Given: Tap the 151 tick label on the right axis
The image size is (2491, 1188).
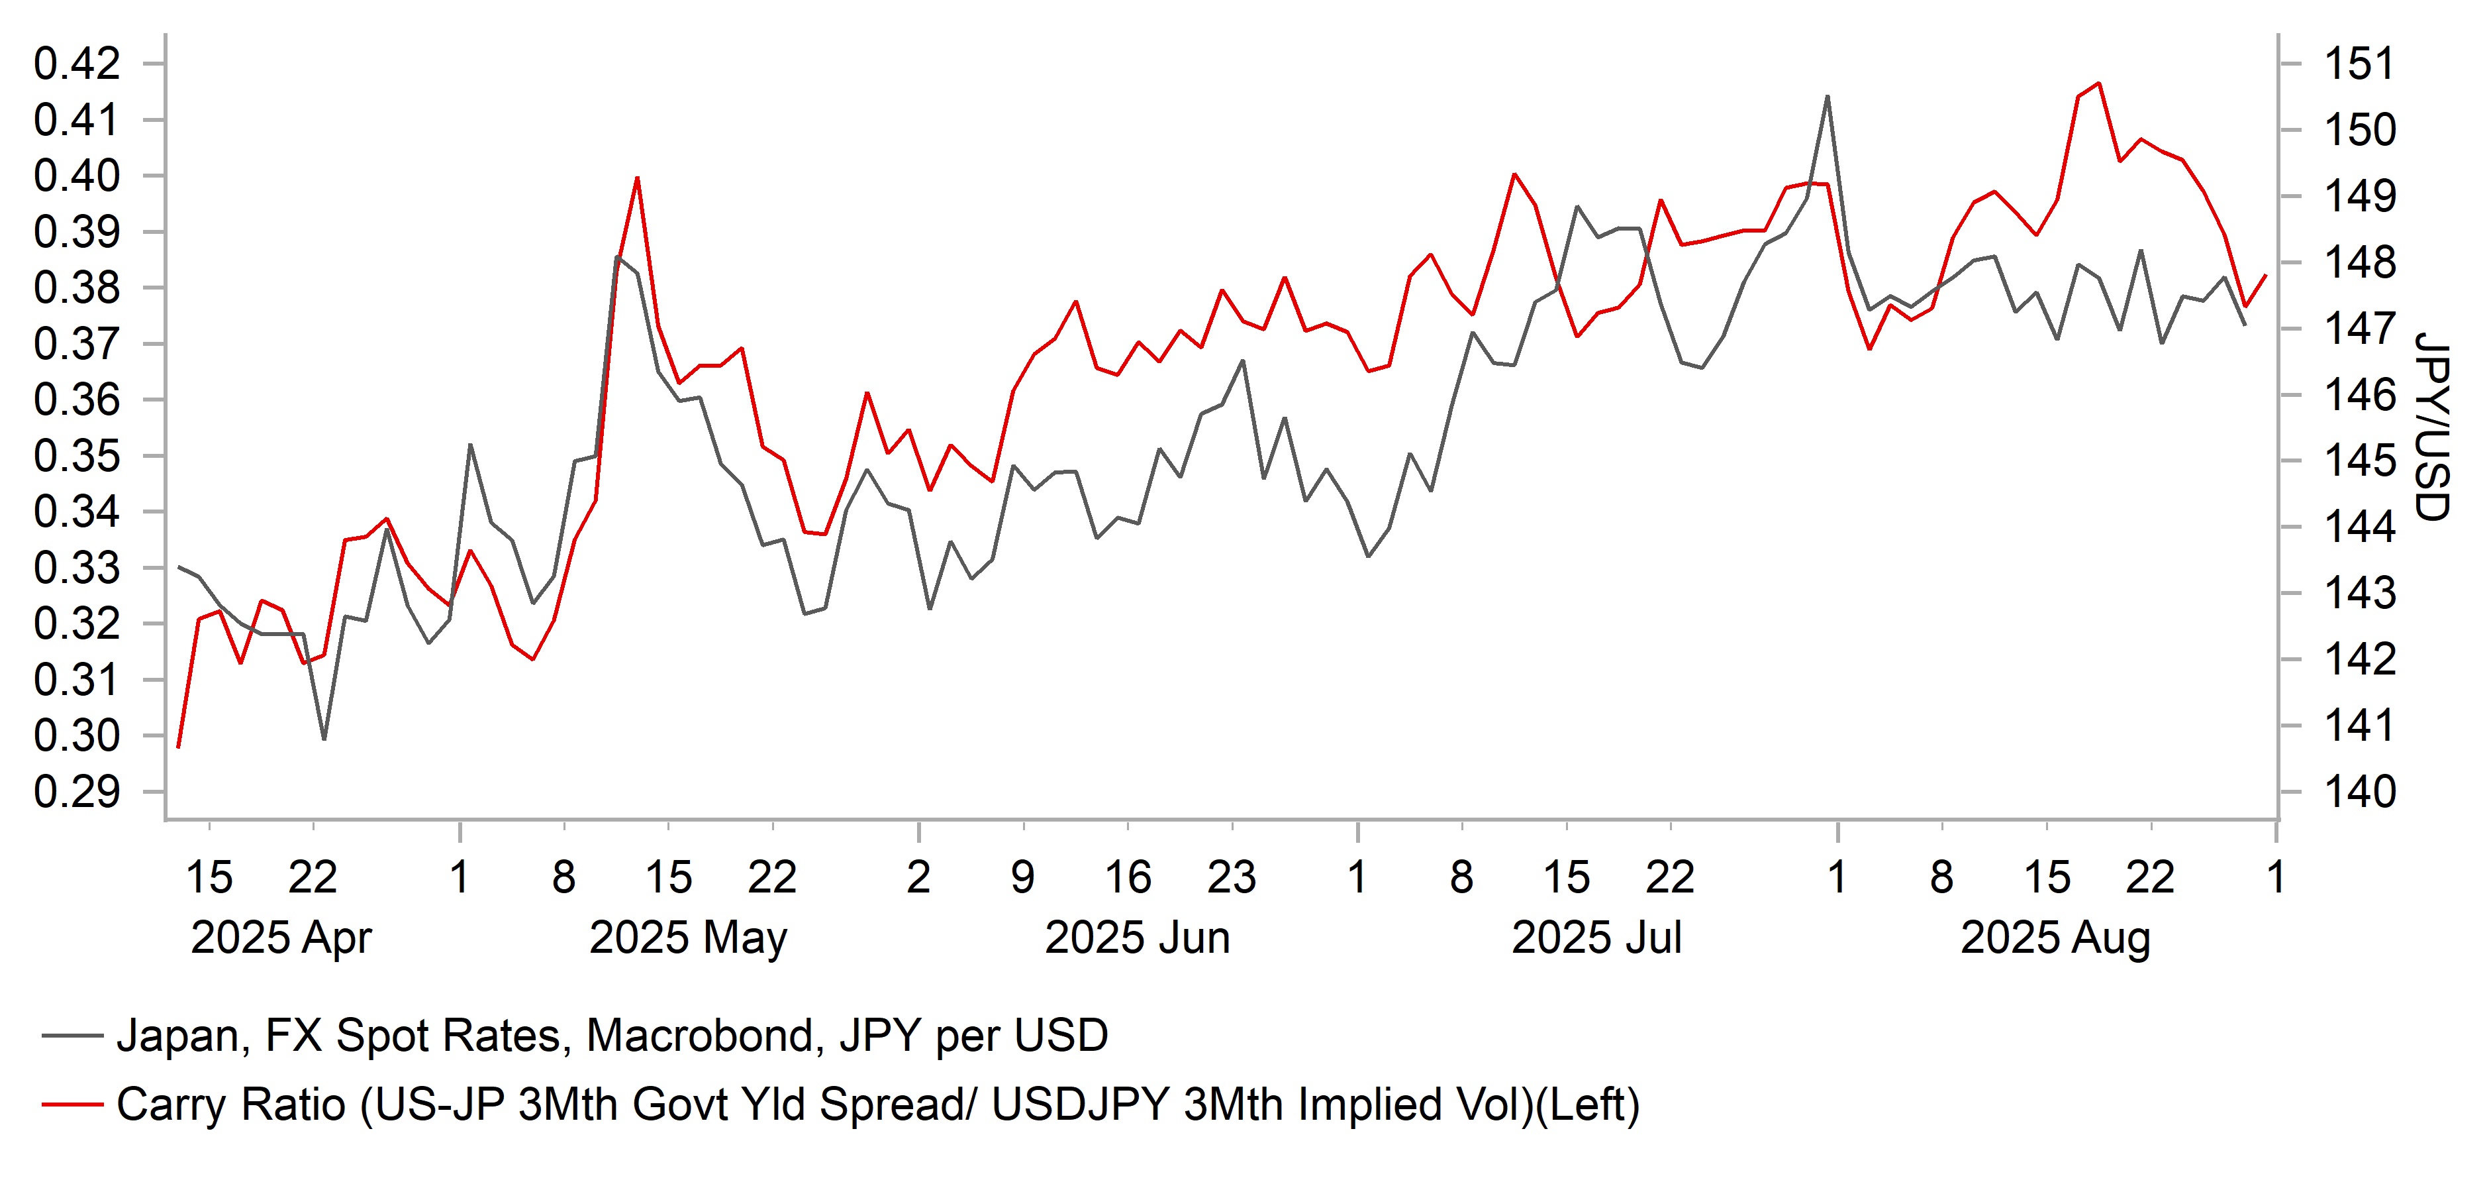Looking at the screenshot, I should click(2359, 64).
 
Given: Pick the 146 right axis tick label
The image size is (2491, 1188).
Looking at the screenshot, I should click(2359, 395).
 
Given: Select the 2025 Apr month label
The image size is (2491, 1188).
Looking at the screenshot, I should click(281, 938).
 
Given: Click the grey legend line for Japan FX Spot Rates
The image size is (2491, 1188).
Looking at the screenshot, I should click(73, 1035).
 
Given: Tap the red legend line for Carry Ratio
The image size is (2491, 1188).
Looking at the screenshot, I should click(73, 1104).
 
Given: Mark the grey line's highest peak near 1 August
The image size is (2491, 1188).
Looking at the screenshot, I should click(1827, 97).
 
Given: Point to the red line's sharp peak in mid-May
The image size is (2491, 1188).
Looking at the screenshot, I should click(637, 178).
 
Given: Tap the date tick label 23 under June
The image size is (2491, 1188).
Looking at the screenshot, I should click(1231, 877).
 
